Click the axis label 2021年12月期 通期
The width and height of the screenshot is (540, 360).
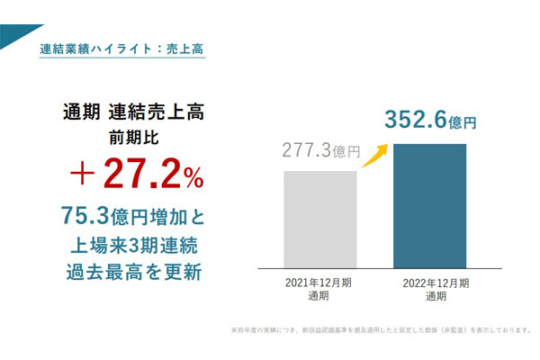point(320,289)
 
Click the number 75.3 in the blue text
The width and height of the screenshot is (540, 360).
point(84,216)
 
